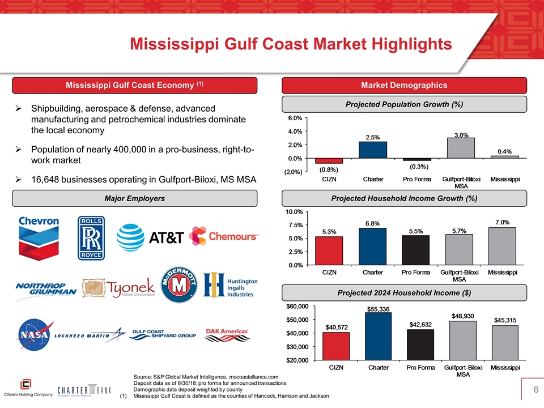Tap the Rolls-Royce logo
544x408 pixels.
(x=91, y=237)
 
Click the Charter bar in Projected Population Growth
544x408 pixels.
(x=372, y=150)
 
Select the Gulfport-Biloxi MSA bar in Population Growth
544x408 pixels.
(x=461, y=148)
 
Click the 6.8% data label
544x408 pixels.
(x=372, y=223)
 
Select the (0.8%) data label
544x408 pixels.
(x=329, y=169)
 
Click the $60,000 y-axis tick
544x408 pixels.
(x=297, y=307)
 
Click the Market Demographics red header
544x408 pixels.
(x=404, y=85)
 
